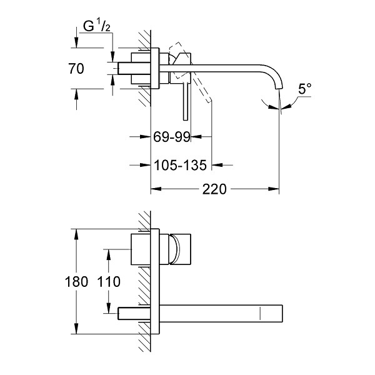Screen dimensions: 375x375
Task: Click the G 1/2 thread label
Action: pos(97,26)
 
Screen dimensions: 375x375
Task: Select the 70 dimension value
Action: pos(76,69)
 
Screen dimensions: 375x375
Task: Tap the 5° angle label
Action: pos(304,89)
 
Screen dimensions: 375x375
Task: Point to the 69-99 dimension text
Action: pos(172,137)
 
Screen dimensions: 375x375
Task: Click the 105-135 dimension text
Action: pos(180,165)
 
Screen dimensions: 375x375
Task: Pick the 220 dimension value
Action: pos(214,189)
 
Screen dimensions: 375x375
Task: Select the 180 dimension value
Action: pos(76,281)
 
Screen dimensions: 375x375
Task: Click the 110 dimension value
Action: pos(109,281)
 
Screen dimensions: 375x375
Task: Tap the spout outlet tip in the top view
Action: pos(279,89)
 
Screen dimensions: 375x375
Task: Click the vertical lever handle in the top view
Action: pos(186,101)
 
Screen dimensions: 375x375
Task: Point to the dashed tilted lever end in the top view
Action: pos(209,100)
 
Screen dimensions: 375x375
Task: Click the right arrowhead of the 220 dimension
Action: pos(274,189)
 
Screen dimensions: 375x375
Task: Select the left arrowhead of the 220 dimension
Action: pos(156,189)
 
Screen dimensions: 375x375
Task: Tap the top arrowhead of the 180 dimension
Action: pos(76,234)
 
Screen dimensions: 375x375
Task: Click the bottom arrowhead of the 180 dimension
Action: pos(76,328)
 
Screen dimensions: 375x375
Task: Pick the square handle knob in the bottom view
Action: pos(180,249)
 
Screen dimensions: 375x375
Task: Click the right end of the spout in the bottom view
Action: pos(282,313)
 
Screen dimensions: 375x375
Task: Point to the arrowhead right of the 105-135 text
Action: pos(217,165)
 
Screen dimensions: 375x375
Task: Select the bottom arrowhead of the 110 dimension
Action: pos(109,307)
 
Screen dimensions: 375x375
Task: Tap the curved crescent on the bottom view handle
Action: pos(177,249)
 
